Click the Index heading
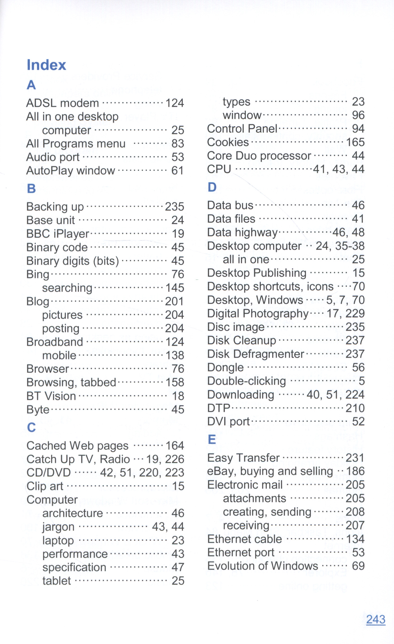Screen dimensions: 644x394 coord(47,65)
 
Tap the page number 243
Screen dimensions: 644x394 coord(375,619)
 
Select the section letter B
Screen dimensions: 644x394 coord(31,189)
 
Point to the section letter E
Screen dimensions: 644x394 coord(212,439)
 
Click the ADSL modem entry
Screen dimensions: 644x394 coord(63,103)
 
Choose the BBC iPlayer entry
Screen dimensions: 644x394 coord(58,234)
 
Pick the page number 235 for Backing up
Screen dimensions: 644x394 coord(174,207)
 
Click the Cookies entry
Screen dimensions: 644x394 coord(228,142)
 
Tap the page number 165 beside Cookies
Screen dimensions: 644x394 coord(355,142)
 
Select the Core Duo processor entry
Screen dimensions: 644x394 coord(259,156)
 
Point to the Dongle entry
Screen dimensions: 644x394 coord(225,368)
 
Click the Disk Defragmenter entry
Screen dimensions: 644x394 coord(255,354)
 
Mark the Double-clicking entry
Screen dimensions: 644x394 coord(247,381)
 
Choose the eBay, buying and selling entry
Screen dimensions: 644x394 coord(270,471)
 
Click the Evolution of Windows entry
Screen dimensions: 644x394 coord(262,566)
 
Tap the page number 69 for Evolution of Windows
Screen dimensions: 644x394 coord(358,566)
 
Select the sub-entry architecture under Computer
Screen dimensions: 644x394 coord(73,513)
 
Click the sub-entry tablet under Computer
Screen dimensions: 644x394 coord(57,581)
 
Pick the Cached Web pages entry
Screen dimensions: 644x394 coord(78,446)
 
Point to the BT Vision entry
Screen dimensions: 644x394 coord(51,396)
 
